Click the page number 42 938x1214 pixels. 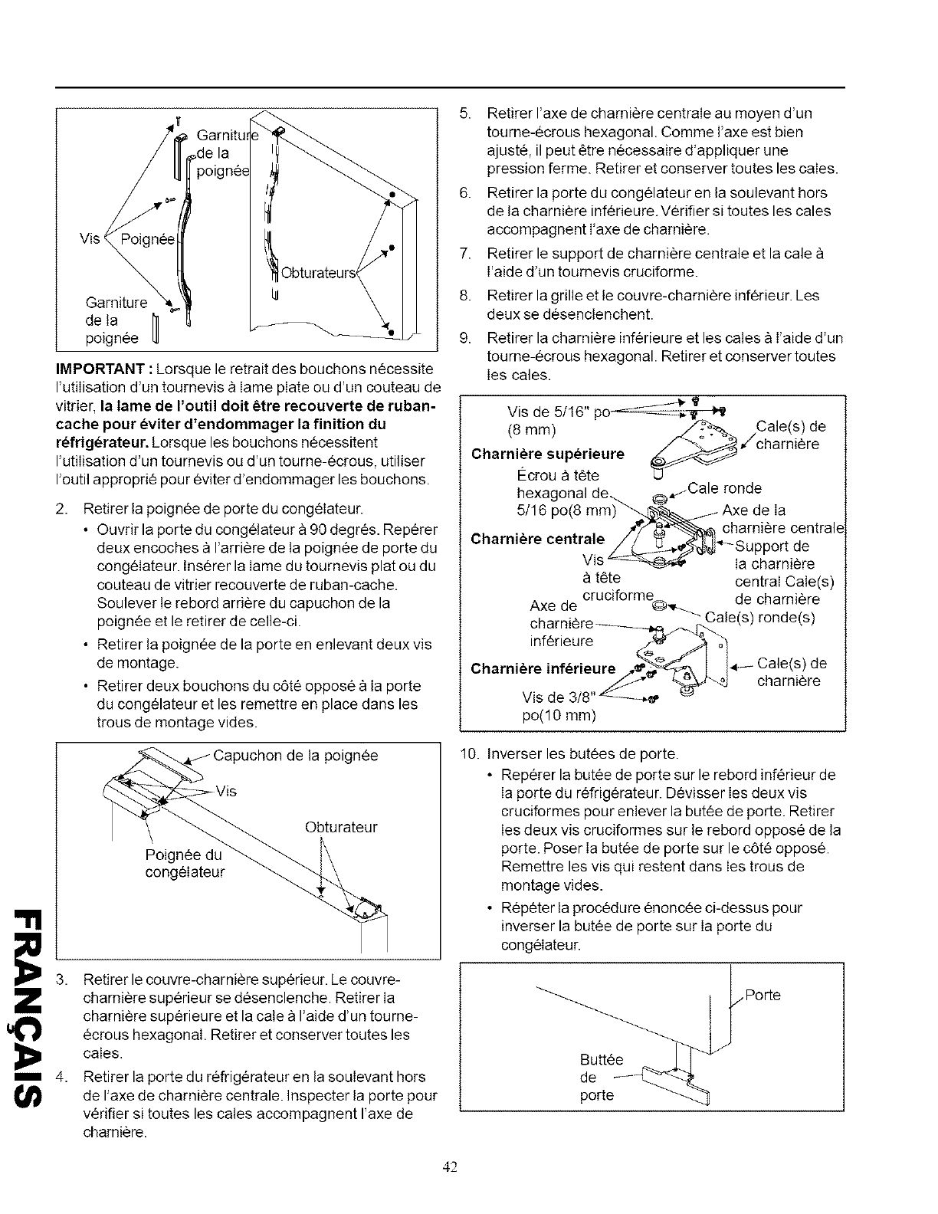coord(450,1167)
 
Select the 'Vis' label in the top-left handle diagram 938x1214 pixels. coord(90,238)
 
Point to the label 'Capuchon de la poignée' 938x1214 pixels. coord(295,756)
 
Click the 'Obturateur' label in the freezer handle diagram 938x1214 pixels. coord(341,827)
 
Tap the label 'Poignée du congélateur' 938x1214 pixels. coord(185,864)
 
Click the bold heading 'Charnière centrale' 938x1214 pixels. coord(537,538)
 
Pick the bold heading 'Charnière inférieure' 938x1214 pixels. coord(543,668)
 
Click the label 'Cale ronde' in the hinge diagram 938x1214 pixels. coord(724,488)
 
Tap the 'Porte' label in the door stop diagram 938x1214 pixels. coord(763,995)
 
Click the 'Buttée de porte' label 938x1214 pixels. coord(597,1078)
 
